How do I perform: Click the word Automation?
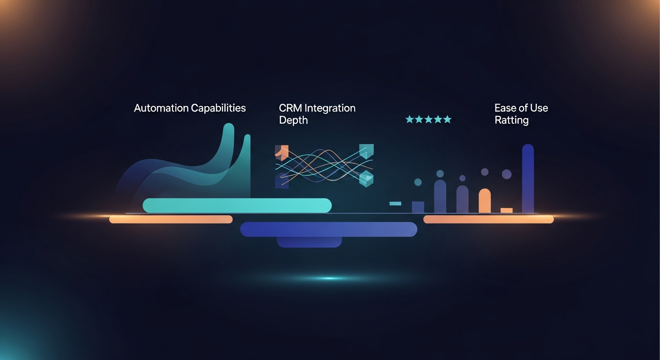tap(161, 108)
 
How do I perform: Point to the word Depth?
tap(293, 120)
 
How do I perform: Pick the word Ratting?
tap(511, 120)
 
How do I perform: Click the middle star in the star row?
tap(428, 120)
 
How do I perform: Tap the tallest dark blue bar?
tap(528, 178)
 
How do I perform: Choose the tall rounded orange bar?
tap(485, 201)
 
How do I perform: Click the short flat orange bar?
tap(507, 210)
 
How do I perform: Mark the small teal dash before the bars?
tap(395, 203)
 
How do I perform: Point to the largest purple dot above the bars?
tap(507, 174)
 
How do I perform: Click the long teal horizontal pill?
tap(237, 205)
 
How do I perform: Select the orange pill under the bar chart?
tap(488, 219)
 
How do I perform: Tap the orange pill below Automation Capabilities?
tap(171, 219)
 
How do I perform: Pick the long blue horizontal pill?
tap(328, 229)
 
